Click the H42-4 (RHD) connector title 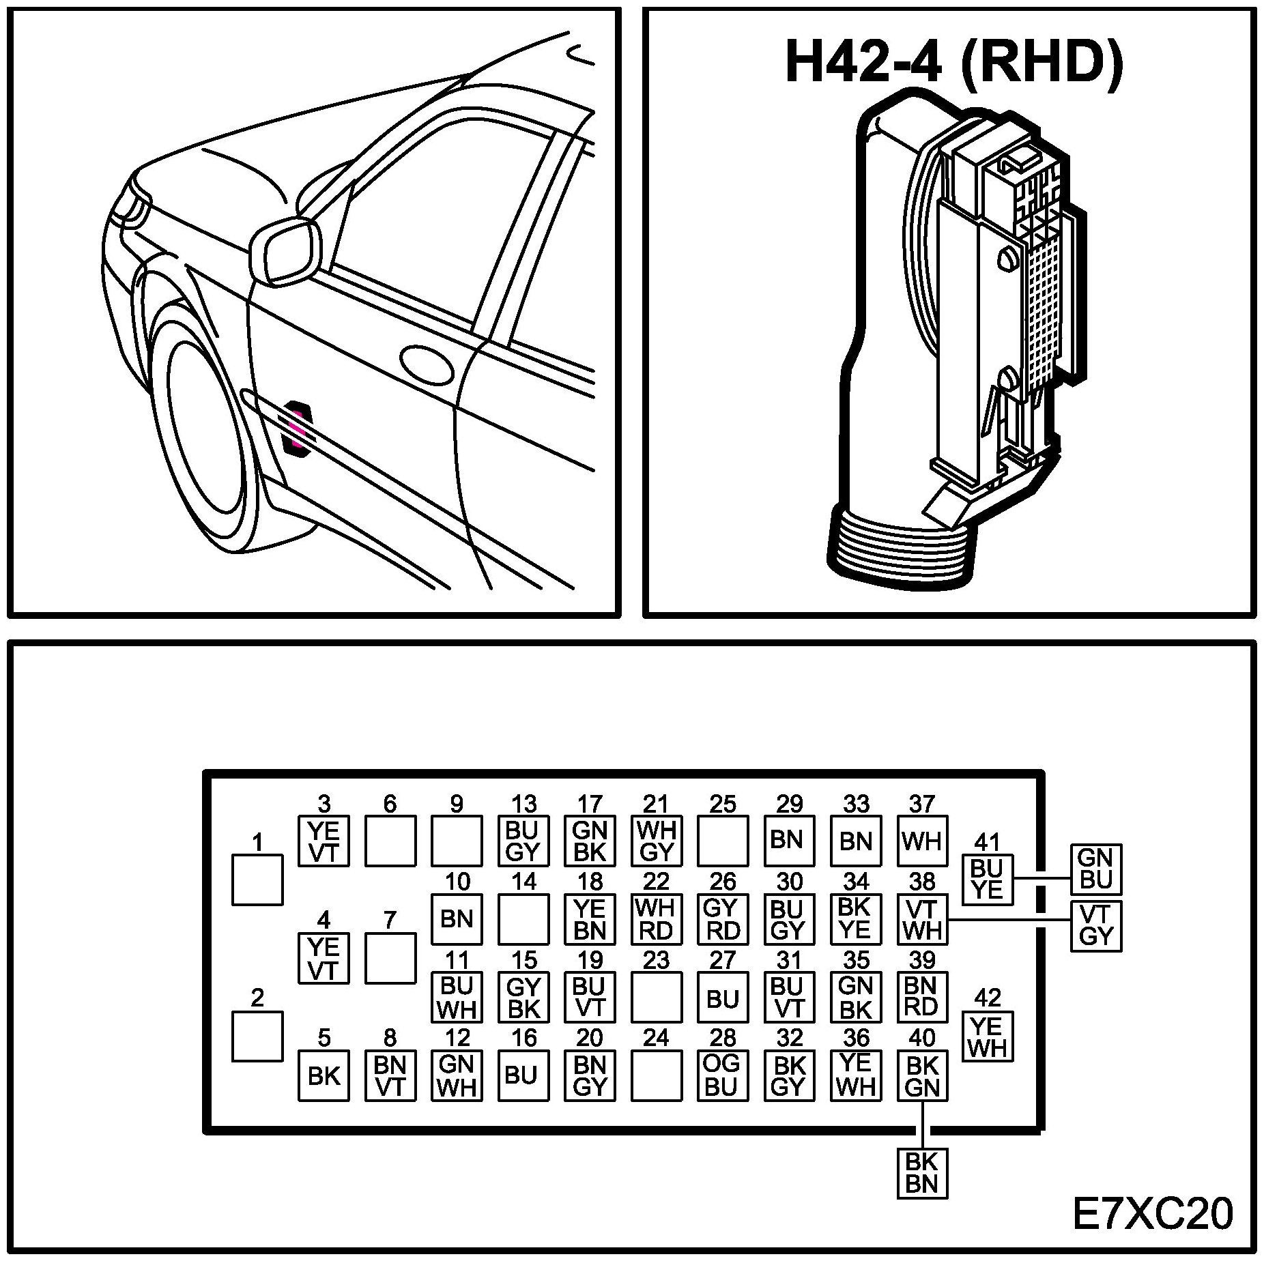click(954, 62)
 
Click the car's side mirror click(285, 250)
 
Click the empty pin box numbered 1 click(257, 880)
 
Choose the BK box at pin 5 click(324, 1075)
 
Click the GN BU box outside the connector click(1096, 869)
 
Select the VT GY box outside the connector click(1096, 926)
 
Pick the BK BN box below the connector click(922, 1172)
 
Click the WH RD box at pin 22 click(656, 918)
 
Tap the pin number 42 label click(987, 998)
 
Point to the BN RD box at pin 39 click(922, 997)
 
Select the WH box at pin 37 click(922, 841)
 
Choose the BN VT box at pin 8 click(390, 1075)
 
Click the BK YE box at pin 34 click(856, 918)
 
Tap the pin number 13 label click(523, 804)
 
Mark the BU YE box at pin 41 click(987, 880)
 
